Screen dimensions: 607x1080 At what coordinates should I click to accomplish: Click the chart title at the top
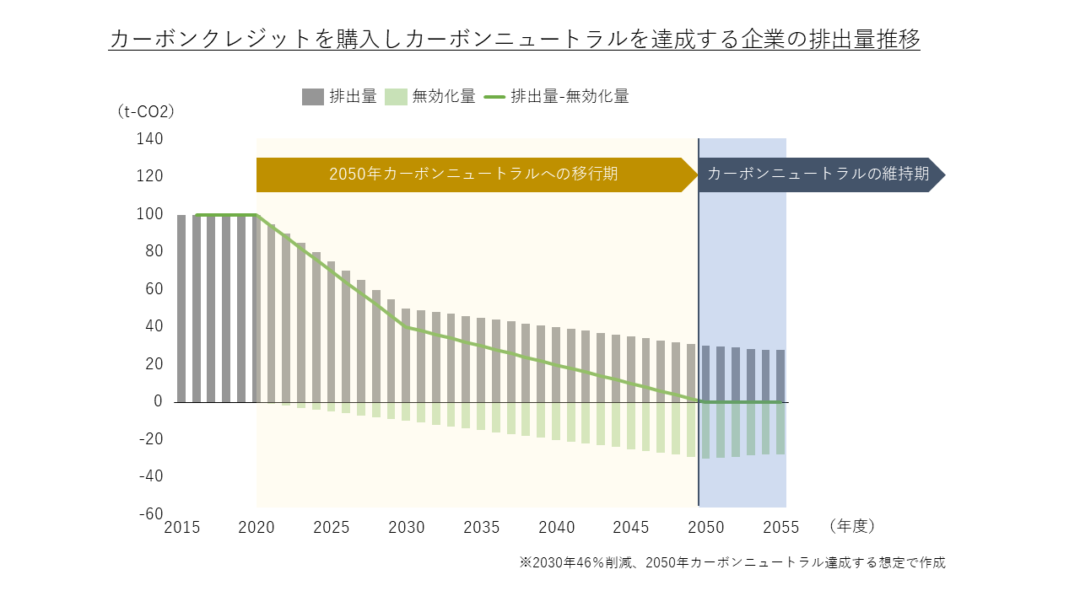[514, 39]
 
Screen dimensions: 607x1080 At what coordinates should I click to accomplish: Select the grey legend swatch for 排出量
[313, 97]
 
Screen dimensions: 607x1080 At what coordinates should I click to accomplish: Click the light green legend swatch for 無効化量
[396, 97]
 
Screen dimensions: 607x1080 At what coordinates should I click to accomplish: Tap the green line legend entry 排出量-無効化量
[557, 97]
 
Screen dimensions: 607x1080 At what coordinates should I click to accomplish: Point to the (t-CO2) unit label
[145, 111]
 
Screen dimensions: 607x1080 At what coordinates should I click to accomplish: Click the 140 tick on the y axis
[148, 139]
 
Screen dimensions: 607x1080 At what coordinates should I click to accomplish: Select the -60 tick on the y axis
[148, 514]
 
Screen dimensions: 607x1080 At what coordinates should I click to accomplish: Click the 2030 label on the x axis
[407, 528]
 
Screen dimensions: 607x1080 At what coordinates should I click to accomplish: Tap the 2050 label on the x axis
[706, 528]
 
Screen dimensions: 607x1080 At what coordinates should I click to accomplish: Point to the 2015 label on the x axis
[181, 528]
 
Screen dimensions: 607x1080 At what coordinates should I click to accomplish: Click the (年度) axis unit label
[852, 526]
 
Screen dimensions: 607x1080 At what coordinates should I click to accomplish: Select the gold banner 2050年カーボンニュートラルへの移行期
[473, 175]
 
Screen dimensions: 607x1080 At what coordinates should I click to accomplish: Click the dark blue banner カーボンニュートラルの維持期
[818, 175]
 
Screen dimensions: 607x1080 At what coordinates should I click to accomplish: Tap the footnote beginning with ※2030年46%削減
[732, 562]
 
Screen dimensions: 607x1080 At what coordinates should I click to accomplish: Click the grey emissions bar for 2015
[181, 308]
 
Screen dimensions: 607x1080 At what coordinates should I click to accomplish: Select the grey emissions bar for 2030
[406, 355]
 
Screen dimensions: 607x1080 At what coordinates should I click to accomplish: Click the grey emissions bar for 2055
[780, 376]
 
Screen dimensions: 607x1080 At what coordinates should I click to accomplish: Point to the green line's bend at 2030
[406, 327]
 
